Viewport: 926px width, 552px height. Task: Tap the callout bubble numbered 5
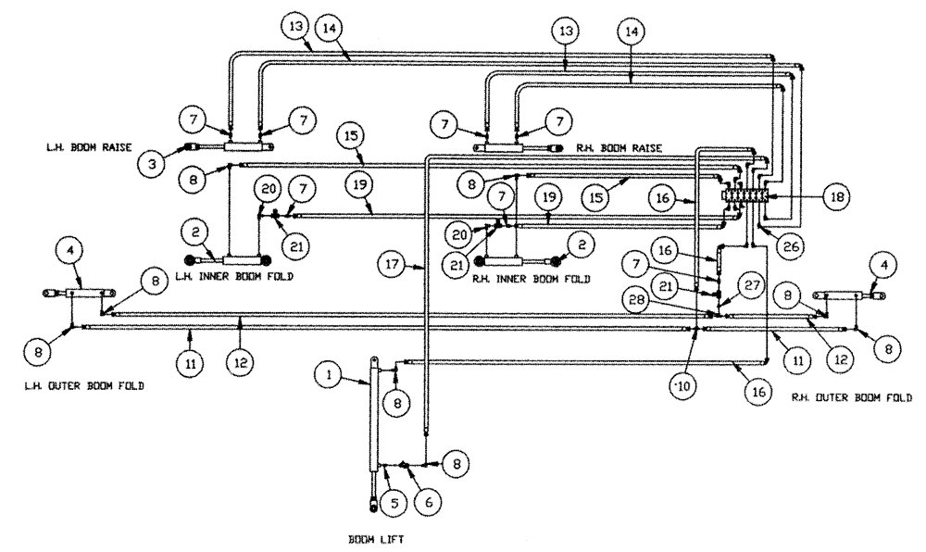(393, 504)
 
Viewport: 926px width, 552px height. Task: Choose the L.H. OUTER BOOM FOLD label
(83, 385)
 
